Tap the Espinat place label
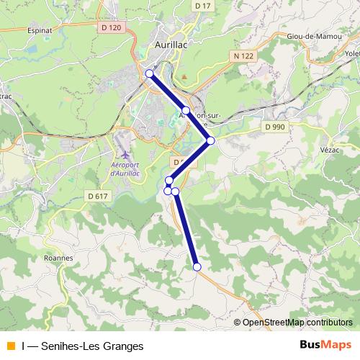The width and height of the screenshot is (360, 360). point(40,31)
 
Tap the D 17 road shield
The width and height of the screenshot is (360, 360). point(204,6)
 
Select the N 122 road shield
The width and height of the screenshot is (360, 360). point(244,55)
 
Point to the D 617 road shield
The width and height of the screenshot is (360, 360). point(98,195)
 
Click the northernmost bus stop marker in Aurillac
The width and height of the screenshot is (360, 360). point(150,73)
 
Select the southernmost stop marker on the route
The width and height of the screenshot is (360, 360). point(197,267)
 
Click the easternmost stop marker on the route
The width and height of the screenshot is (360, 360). point(211,140)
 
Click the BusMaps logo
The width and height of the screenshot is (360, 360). point(324,345)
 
